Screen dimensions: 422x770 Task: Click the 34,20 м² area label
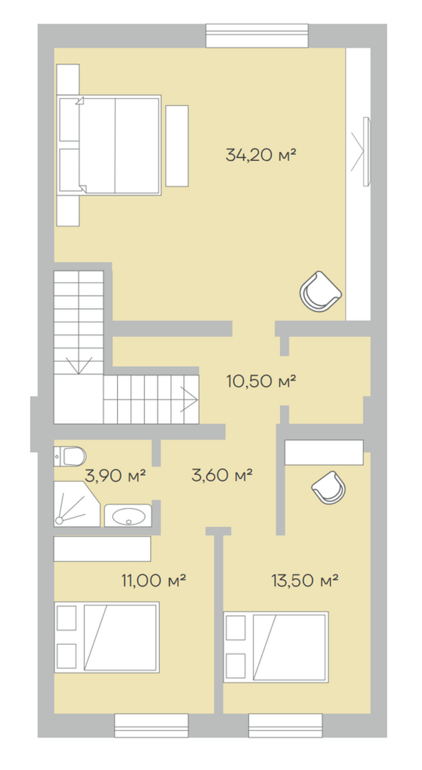click(x=261, y=155)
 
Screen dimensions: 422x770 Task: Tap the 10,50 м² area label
click(x=261, y=381)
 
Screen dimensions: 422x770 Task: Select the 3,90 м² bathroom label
click(x=115, y=476)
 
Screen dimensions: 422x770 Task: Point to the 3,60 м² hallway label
click(x=222, y=475)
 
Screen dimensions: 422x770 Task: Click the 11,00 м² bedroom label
click(x=154, y=580)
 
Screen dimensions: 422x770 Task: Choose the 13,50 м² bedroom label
click(x=305, y=580)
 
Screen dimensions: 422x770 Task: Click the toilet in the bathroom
click(x=70, y=456)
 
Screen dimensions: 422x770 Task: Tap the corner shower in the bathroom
click(x=76, y=504)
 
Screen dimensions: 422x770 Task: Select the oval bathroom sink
click(x=128, y=515)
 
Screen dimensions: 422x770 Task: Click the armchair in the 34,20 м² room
click(x=321, y=292)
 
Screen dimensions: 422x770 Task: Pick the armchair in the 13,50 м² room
click(x=329, y=488)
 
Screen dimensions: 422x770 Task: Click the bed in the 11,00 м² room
click(x=107, y=637)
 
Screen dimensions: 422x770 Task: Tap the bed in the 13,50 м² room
click(x=276, y=647)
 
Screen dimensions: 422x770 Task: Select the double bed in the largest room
click(x=109, y=145)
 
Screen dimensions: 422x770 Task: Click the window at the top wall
click(x=257, y=35)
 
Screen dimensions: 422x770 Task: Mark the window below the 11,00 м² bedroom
click(x=151, y=726)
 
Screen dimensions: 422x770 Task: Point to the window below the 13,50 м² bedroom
click(x=286, y=726)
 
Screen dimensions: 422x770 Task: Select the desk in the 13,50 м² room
click(x=324, y=453)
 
